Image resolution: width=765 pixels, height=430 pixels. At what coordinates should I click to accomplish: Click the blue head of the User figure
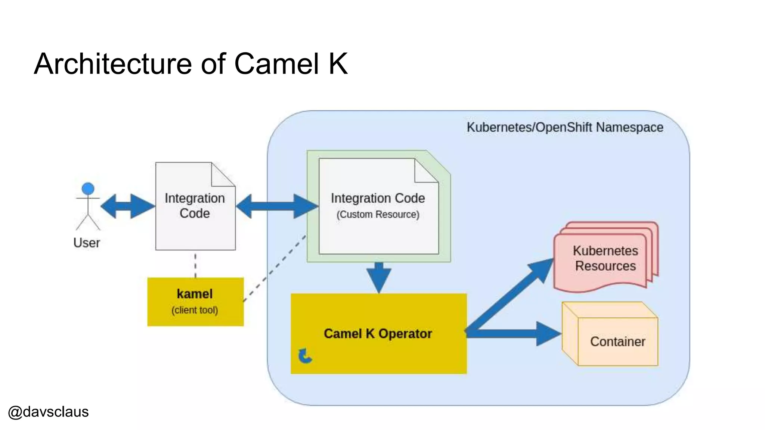point(88,188)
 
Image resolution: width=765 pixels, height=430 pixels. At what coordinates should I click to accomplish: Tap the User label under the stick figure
point(87,243)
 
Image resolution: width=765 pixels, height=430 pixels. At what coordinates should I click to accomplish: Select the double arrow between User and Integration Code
point(127,206)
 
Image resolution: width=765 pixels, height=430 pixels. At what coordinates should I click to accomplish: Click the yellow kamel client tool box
point(195,302)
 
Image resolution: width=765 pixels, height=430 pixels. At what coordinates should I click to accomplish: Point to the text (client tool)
point(195,310)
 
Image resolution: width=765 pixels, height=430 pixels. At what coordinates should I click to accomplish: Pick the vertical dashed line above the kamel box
point(195,265)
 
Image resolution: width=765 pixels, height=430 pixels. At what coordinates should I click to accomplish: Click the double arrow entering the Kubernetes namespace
point(277,206)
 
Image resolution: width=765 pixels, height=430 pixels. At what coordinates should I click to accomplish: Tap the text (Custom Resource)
point(378,215)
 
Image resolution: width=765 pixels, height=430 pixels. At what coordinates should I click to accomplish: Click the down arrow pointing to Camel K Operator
point(379,277)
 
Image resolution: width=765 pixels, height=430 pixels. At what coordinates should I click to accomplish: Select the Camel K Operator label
point(378,334)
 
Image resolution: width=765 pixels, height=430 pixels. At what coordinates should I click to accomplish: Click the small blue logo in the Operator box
point(305,356)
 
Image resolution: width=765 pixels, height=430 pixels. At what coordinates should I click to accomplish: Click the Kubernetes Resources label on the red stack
point(605,258)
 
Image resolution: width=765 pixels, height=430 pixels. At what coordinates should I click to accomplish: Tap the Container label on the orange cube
point(617,342)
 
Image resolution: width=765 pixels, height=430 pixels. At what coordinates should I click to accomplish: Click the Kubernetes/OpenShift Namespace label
point(565,127)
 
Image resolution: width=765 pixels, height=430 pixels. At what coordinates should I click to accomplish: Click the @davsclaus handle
point(48,412)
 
